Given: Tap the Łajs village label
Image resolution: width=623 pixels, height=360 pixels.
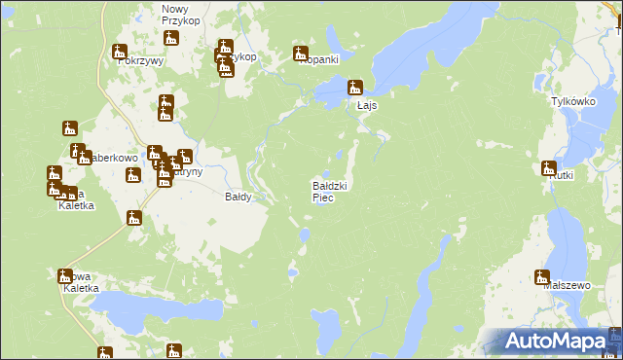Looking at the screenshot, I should click(x=367, y=105).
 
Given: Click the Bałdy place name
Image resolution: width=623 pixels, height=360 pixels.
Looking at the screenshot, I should click(x=238, y=197).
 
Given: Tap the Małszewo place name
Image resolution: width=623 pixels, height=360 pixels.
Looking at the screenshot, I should click(x=568, y=286).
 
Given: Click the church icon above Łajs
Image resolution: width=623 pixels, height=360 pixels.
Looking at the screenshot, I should click(x=355, y=88).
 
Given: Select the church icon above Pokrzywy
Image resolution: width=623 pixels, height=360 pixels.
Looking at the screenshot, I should click(x=121, y=52).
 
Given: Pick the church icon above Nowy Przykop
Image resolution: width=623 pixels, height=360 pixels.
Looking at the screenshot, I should click(x=172, y=40).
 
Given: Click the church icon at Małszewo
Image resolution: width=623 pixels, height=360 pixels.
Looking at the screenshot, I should click(x=542, y=276).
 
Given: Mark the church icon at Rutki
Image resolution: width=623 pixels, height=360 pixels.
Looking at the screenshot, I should click(x=548, y=167).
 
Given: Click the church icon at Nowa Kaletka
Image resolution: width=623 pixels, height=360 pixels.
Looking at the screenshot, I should click(x=65, y=276).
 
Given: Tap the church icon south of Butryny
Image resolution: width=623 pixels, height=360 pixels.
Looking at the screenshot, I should click(x=134, y=217).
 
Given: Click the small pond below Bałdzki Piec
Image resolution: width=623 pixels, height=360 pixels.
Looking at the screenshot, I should click(x=305, y=234).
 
